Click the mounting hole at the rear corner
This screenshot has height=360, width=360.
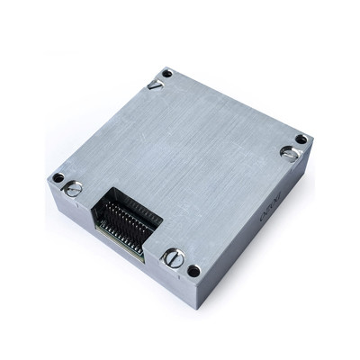[166, 73]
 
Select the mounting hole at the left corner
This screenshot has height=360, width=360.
[58, 177]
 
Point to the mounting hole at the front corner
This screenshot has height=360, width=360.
[193, 271]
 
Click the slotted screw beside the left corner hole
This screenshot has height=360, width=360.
[74, 188]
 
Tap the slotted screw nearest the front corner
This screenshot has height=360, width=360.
[174, 258]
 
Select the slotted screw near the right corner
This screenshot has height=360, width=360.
[289, 153]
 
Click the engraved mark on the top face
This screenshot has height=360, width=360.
[155, 85]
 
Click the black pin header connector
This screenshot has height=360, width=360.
[126, 220]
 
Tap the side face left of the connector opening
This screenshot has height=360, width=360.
[76, 211]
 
